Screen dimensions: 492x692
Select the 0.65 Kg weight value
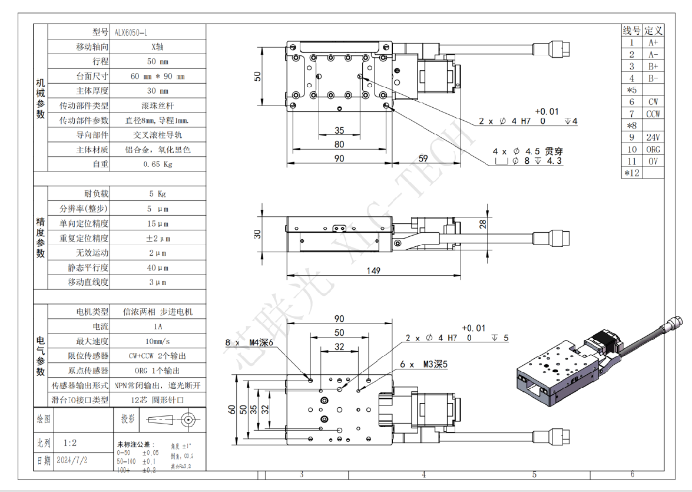click(x=157, y=164)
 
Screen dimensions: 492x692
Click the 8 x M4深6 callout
click(x=250, y=342)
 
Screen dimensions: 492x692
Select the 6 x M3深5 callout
click(x=423, y=365)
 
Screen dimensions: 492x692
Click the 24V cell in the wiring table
click(x=653, y=137)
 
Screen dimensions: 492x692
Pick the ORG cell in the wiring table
click(x=653, y=149)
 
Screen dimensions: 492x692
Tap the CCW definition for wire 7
click(x=653, y=114)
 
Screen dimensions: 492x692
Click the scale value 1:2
click(x=69, y=443)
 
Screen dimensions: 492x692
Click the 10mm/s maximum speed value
click(x=157, y=341)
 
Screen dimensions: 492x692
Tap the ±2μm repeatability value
click(x=157, y=238)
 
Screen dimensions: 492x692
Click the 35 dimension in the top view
click(x=339, y=131)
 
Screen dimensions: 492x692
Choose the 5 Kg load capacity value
click(x=157, y=194)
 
